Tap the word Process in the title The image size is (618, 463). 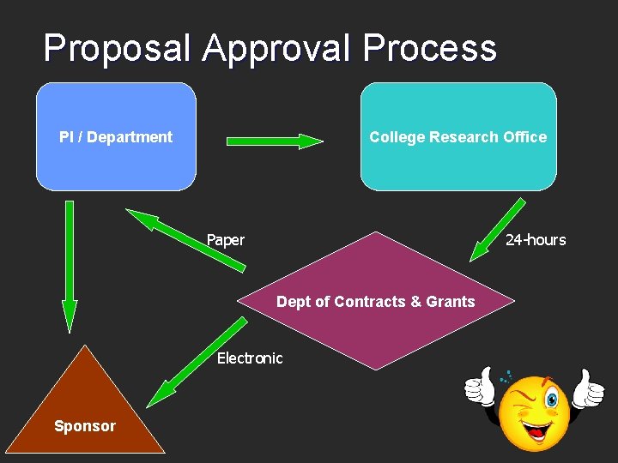point(429,49)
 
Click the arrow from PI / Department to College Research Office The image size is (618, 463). point(275,141)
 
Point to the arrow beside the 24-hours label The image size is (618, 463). point(498,229)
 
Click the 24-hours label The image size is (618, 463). point(536,240)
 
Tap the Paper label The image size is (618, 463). point(226,240)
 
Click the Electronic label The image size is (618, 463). point(250,358)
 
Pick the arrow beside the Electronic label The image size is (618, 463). point(197,361)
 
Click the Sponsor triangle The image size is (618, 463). point(84,403)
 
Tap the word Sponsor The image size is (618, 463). point(84,426)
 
